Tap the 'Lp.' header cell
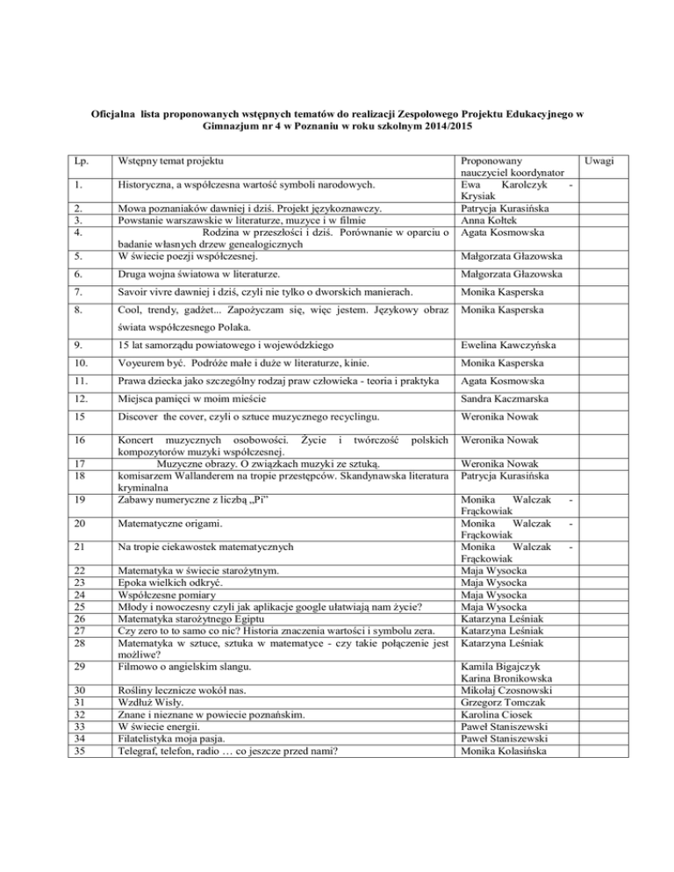point(81,162)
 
